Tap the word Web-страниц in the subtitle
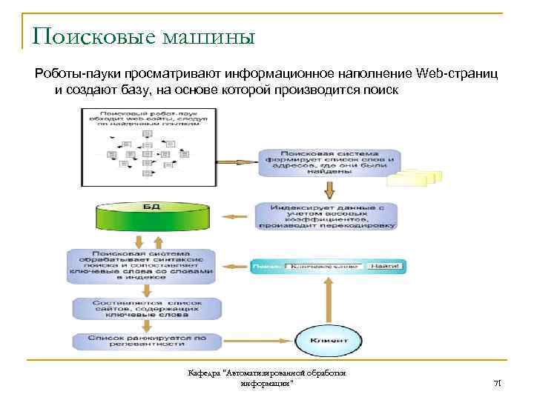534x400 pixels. point(458,73)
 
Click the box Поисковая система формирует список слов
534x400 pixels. point(326,161)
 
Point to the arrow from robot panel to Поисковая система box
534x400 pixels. point(237,160)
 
